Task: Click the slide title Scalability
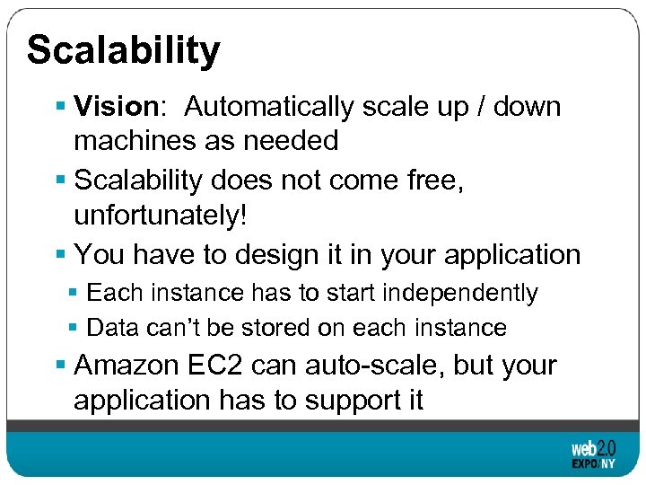pyautogui.click(x=123, y=50)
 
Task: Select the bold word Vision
pyautogui.click(x=116, y=107)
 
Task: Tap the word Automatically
pyautogui.click(x=269, y=107)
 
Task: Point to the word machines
pyautogui.click(x=133, y=140)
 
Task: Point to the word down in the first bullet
pyautogui.click(x=528, y=107)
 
